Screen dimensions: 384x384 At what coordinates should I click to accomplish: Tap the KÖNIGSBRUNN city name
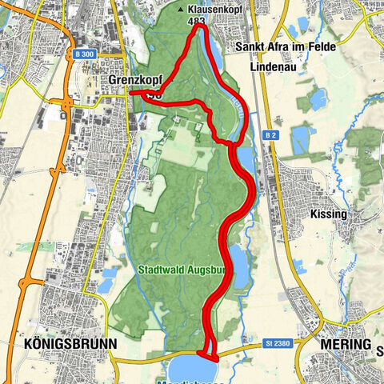tap(65, 344)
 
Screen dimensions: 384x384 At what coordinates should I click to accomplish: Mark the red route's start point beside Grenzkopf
tap(131, 93)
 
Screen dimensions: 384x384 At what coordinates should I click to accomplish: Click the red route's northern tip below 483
tap(201, 29)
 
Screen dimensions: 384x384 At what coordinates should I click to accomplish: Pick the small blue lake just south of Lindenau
tap(318, 99)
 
